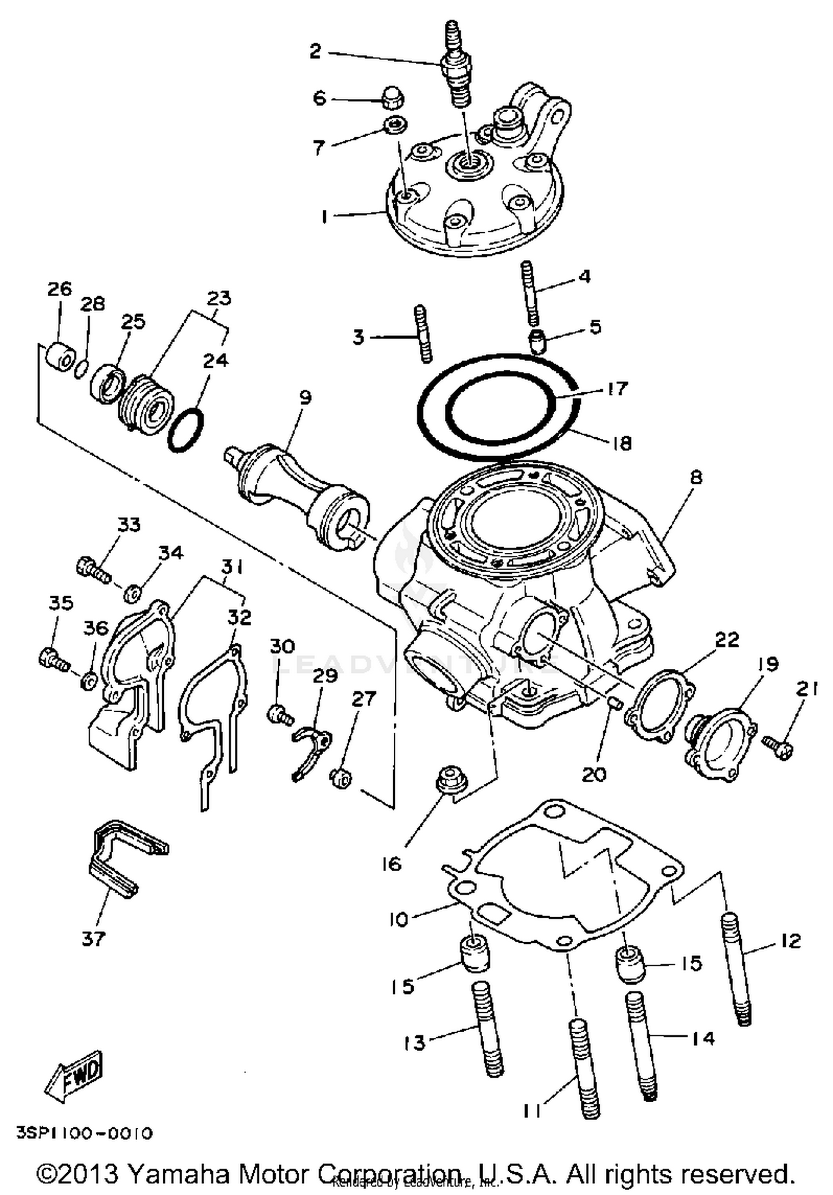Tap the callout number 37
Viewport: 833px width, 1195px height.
[93, 938]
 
